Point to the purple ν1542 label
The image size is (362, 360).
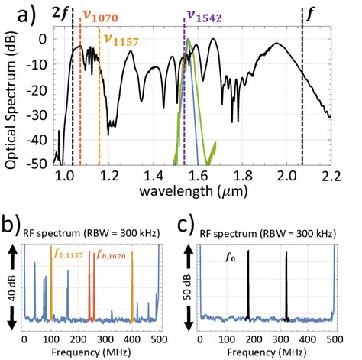(205, 15)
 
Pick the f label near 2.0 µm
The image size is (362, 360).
(309, 13)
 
